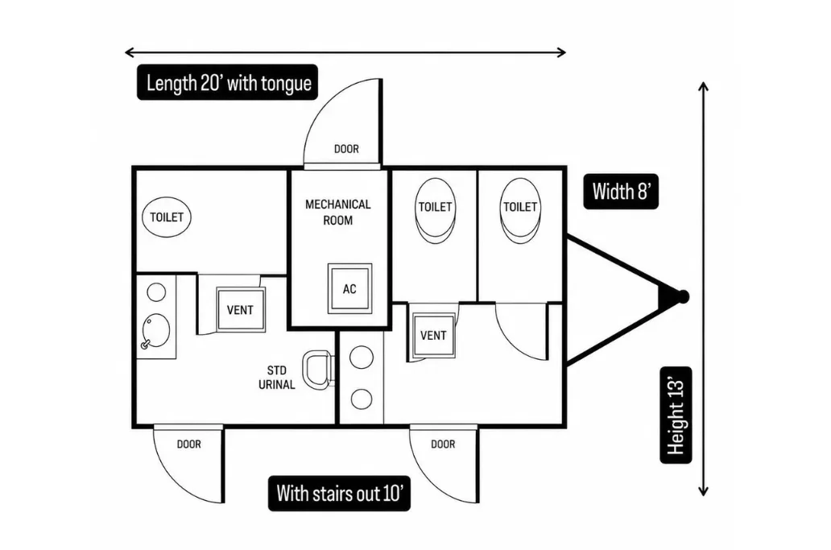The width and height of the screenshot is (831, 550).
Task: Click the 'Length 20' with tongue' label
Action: pos(227,83)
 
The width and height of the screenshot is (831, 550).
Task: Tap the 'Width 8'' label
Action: pos(621,192)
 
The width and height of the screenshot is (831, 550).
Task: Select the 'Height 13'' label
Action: pos(676,415)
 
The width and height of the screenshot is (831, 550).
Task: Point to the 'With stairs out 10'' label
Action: pos(339,494)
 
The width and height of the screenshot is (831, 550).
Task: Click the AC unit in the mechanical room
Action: pos(349,289)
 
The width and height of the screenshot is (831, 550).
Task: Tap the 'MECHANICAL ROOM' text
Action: pos(338,212)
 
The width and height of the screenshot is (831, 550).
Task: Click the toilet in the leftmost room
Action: pos(167,217)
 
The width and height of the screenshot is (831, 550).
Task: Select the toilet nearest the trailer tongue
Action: pos(520,210)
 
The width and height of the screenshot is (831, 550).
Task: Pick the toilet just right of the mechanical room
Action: pos(435,210)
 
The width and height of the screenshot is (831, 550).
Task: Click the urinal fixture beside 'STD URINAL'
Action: pos(317,369)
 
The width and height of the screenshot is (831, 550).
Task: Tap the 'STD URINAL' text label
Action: pos(277,377)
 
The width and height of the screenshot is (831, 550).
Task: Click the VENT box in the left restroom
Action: pos(241,310)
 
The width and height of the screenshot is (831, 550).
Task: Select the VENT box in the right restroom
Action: pos(433,336)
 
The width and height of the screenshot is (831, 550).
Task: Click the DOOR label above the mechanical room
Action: pos(346,149)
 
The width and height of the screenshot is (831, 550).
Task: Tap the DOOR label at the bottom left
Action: pos(189,444)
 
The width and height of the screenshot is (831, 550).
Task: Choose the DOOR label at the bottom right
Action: pos(443,444)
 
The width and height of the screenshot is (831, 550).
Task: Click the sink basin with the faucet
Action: pos(156,331)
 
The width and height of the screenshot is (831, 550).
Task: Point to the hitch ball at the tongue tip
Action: pos(683,296)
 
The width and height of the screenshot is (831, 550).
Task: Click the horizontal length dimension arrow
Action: pos(345,52)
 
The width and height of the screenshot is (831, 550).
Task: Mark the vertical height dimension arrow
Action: pos(703,289)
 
